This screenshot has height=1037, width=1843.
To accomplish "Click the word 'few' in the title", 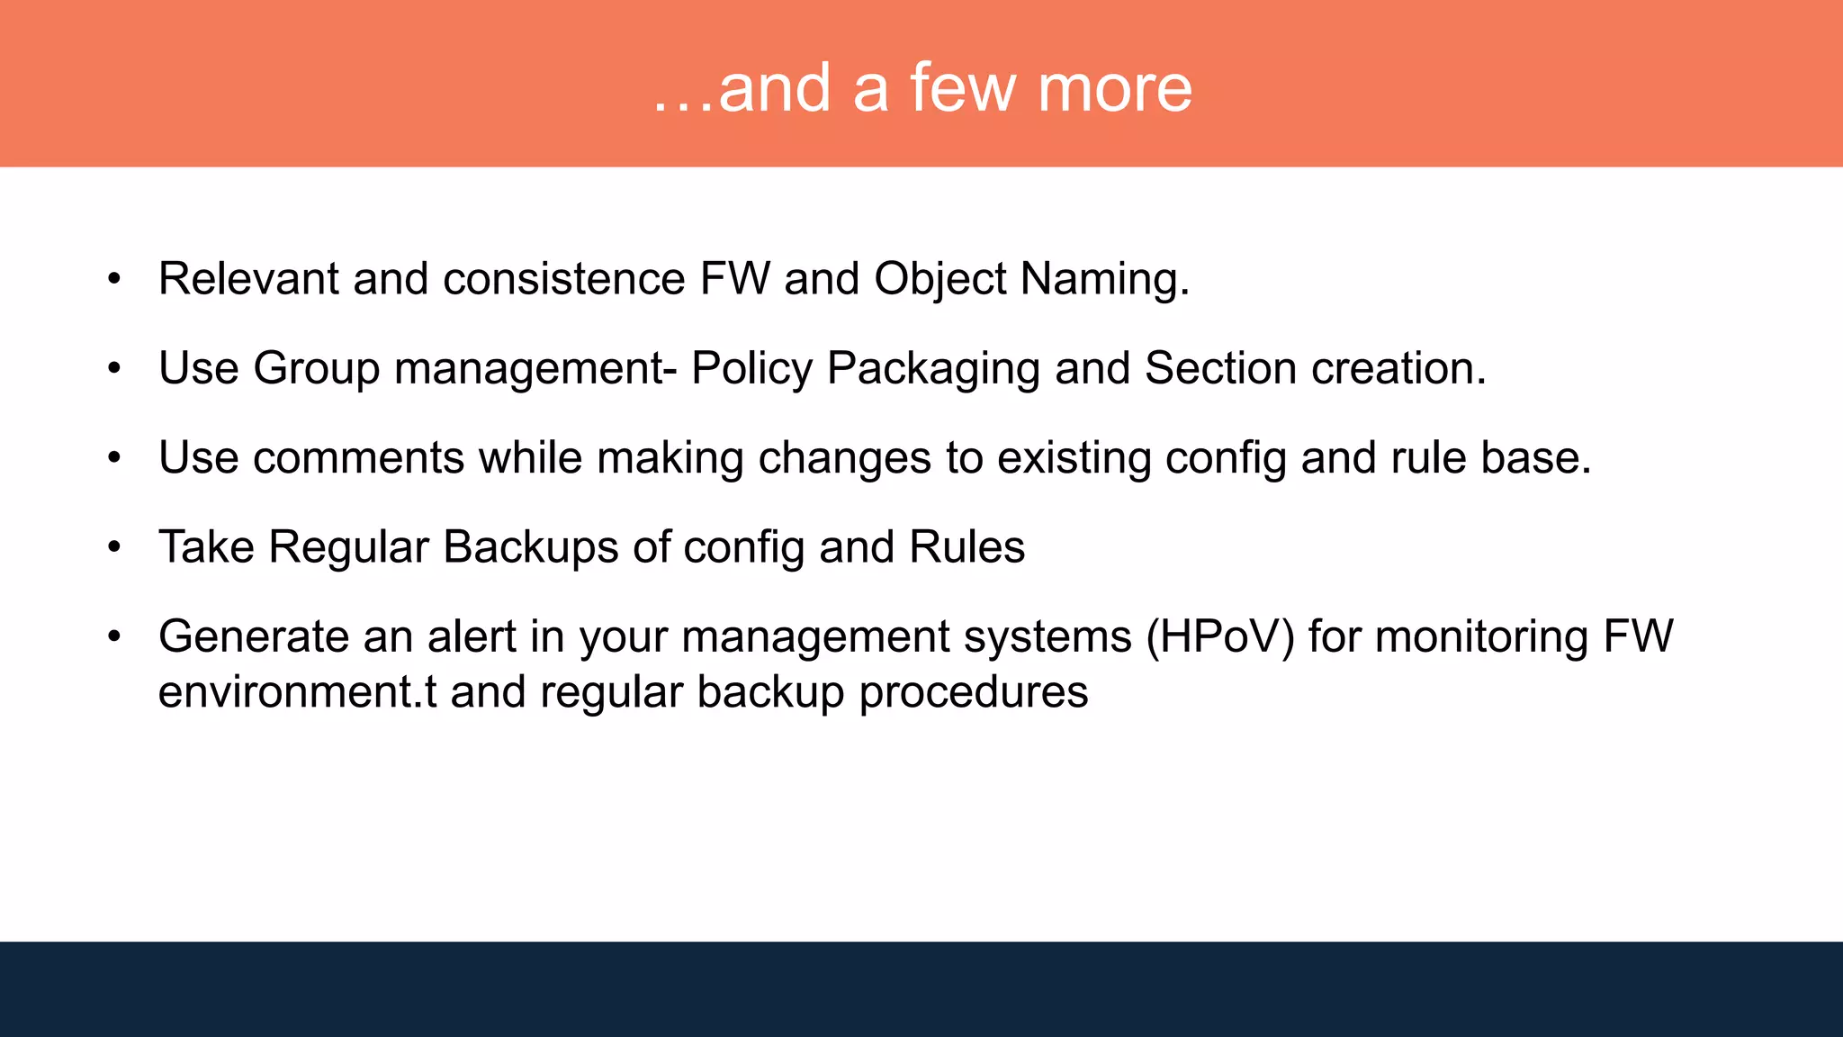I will tap(962, 88).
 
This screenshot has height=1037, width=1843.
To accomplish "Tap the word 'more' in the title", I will tap(1115, 88).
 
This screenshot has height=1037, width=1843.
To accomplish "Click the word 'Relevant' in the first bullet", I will tap(248, 278).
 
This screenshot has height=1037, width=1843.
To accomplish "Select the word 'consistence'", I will tap(564, 278).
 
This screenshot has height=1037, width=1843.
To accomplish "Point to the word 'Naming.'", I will tap(1105, 278).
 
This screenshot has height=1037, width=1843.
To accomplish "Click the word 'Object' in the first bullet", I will tap(939, 278).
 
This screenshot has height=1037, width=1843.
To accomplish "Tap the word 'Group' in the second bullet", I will tap(317, 368).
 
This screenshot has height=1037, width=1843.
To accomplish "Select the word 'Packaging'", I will tap(933, 368).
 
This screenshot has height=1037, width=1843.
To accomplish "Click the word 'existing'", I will tap(1074, 457).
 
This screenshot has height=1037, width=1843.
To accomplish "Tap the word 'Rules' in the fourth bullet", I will tap(966, 546).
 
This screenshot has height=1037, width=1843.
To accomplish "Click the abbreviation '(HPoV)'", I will tap(1220, 636).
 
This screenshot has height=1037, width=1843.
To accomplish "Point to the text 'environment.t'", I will tap(297, 692).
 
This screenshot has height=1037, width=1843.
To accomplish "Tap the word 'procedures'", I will tap(973, 692).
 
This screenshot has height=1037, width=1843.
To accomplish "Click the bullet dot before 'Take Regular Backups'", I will tap(113, 547).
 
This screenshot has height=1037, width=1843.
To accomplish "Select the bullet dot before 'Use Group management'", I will tap(113, 369).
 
